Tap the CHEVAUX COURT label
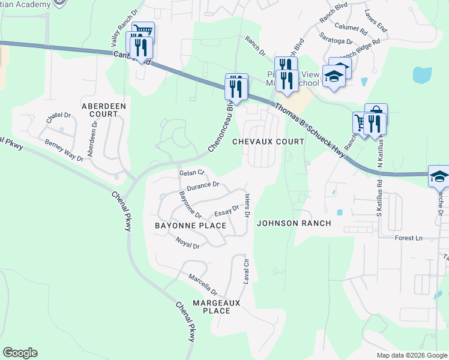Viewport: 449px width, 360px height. click(268, 141)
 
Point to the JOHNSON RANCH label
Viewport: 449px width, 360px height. click(294, 223)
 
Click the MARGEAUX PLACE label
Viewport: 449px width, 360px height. click(216, 307)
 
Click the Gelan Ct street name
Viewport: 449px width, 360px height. click(191, 173)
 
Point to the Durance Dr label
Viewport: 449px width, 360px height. click(203, 186)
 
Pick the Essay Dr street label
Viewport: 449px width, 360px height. click(227, 212)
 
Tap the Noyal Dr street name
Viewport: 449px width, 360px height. click(187, 243)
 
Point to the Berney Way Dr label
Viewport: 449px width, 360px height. click(64, 150)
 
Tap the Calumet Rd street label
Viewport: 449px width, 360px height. click(351, 28)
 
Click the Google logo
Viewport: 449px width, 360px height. click(20, 353)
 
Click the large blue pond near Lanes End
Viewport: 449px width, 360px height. click(422, 75)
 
